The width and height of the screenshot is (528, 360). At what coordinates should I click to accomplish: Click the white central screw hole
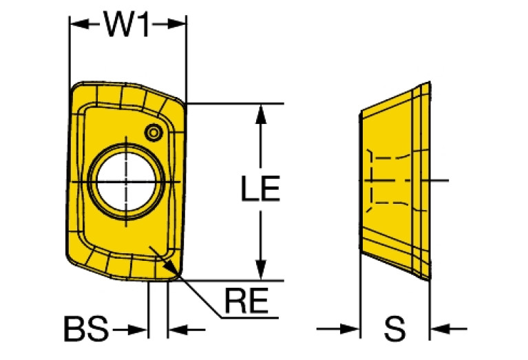[x=127, y=182]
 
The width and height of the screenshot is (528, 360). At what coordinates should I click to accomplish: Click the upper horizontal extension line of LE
[x=234, y=104]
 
